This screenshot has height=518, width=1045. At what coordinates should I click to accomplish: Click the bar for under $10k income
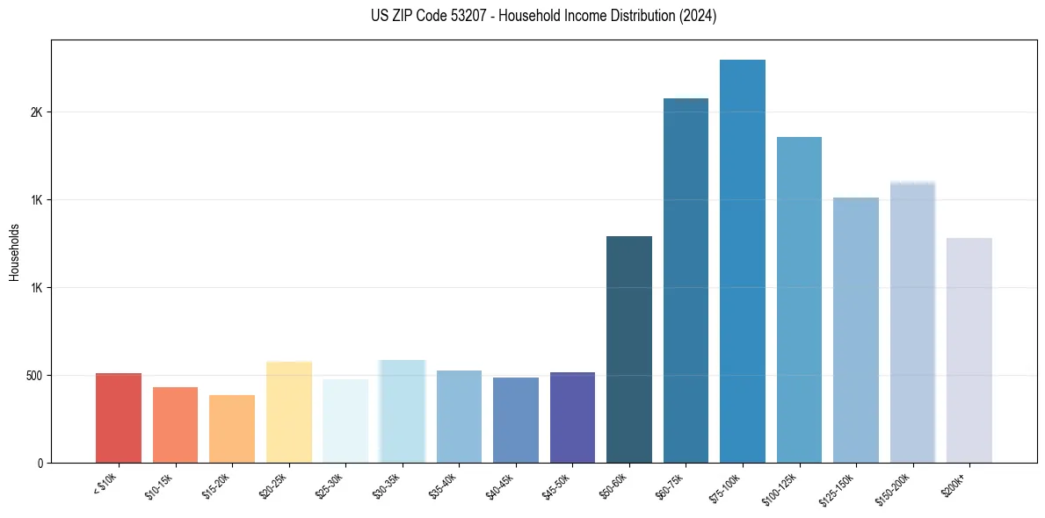(119, 418)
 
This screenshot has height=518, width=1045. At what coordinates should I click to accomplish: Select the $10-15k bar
(175, 425)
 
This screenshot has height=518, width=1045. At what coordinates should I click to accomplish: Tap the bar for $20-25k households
(289, 412)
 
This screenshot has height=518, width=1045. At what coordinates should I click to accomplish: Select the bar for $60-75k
(686, 281)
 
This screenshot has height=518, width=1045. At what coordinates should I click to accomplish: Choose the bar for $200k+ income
(969, 350)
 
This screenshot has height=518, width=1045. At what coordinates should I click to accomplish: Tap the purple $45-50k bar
(572, 418)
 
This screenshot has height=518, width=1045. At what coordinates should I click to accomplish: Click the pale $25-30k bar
(345, 421)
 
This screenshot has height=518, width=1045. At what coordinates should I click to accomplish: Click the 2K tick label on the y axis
(37, 112)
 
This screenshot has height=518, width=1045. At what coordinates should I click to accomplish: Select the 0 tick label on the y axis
(40, 463)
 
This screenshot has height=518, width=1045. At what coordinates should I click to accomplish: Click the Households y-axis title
(14, 252)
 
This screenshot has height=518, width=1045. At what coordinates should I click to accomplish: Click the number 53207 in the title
(483, 17)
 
